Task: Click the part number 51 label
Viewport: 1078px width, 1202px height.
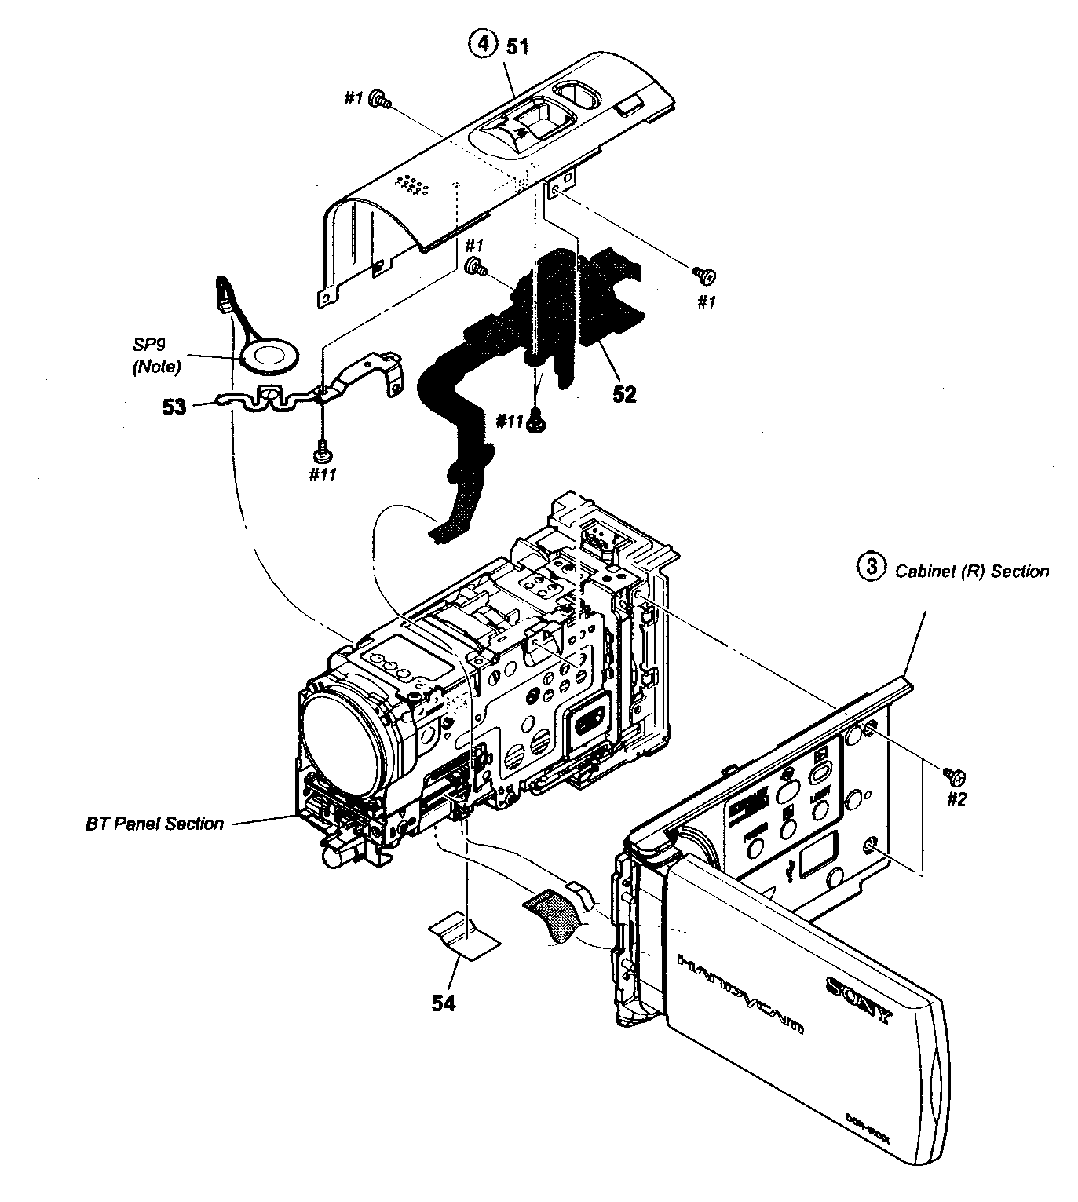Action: point(517,46)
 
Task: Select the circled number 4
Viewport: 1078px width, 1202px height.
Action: point(483,44)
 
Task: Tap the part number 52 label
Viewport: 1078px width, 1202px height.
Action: point(624,394)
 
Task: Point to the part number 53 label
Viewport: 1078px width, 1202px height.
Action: point(174,406)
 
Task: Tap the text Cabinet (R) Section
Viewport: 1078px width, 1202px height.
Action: point(972,571)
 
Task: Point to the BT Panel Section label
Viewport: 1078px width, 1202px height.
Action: point(154,824)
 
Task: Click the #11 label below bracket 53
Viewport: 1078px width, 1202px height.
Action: point(322,474)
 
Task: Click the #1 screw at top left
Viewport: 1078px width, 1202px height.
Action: point(382,100)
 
